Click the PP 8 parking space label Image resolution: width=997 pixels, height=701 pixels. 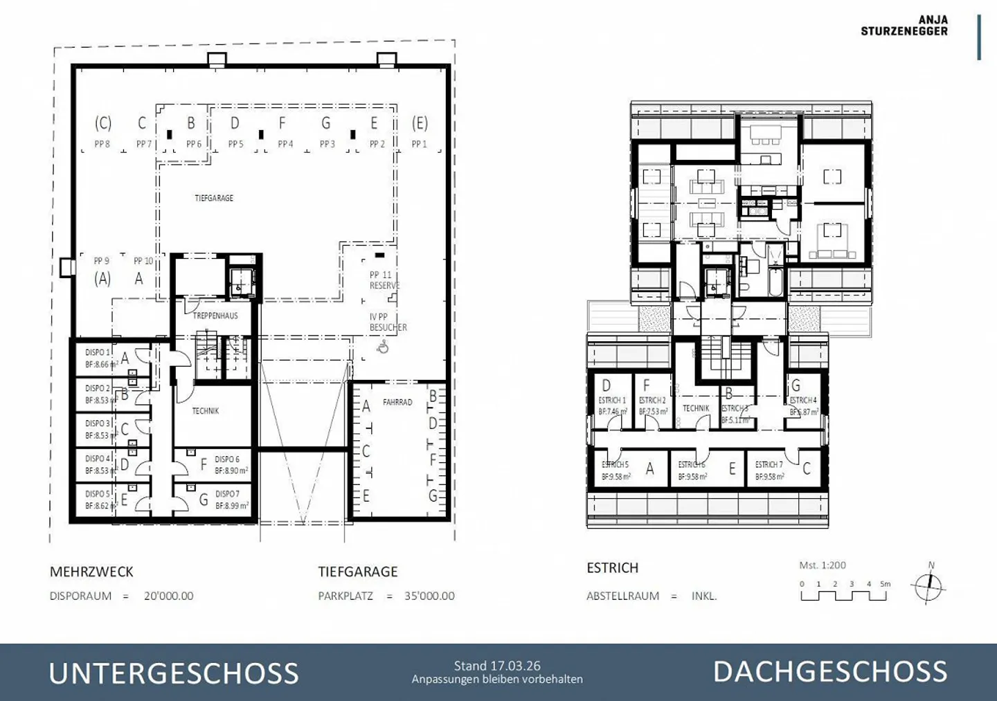pos(102,144)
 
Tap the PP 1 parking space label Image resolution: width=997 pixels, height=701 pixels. pos(419,144)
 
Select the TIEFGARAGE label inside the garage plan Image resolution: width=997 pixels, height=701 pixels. pos(214,198)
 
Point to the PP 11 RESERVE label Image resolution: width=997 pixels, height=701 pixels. pos(384,280)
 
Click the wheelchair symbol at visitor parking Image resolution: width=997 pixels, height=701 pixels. pos(383,347)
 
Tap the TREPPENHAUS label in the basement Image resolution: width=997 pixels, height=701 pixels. pos(215,316)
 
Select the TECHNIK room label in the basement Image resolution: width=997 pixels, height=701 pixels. pos(205,411)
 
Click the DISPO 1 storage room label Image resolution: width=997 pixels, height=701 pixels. pos(98,352)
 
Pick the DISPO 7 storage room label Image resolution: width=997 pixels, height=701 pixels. pos(227,494)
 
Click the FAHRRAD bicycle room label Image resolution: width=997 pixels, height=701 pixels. pos(397,402)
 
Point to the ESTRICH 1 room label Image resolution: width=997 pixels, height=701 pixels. pos(612,401)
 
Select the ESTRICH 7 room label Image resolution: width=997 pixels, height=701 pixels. pos(769,464)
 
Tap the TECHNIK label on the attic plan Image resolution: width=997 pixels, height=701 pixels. pos(696,408)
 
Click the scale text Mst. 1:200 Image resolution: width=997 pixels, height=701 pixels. pos(823,565)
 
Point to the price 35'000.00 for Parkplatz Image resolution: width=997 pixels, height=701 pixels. pos(429,596)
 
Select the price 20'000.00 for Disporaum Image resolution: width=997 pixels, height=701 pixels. pos(168,596)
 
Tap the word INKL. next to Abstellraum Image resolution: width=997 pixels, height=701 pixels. pos(703,596)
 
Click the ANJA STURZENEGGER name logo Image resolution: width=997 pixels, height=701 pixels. pos(904,26)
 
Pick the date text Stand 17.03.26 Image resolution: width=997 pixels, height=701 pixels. pos(497,666)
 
